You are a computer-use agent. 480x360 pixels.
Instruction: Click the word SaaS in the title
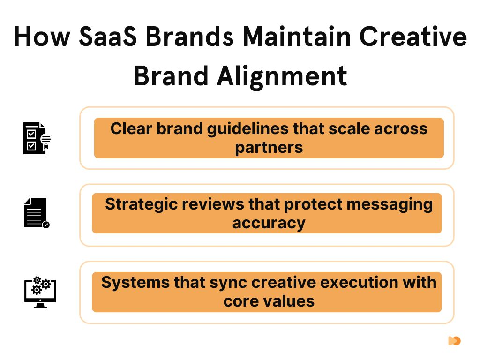point(108,37)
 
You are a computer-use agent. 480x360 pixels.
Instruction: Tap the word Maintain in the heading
point(297,37)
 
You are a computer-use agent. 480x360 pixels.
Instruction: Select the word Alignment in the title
point(282,76)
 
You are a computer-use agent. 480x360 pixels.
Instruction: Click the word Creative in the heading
point(413,37)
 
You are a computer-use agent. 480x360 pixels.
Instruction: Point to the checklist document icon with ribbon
point(37,138)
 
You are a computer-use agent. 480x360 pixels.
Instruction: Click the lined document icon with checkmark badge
point(37,213)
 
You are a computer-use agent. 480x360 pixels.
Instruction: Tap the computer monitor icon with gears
point(40,292)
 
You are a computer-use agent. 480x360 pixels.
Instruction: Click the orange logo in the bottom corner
point(454,341)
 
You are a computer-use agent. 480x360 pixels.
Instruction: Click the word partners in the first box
point(269,148)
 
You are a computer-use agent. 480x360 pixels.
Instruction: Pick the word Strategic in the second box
point(141,204)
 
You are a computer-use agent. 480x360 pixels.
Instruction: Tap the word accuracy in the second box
point(269,224)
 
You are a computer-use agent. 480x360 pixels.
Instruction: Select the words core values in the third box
point(269,301)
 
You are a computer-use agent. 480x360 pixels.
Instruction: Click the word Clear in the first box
point(131,128)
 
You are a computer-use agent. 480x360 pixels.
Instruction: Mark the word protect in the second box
point(313,205)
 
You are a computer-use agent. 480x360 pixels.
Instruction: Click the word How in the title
point(42,37)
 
